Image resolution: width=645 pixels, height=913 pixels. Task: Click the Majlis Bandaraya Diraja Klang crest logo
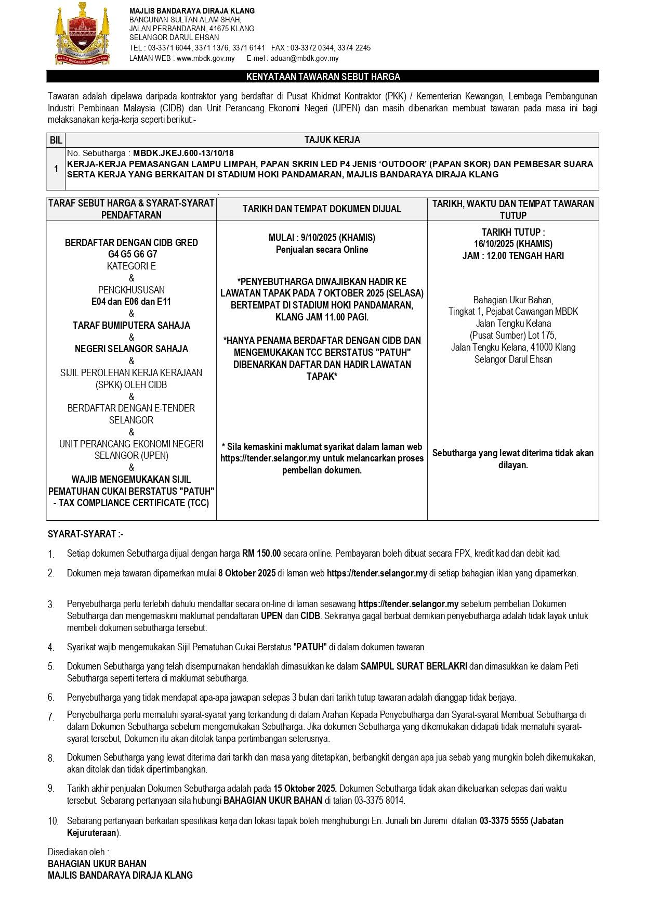pyautogui.click(x=83, y=33)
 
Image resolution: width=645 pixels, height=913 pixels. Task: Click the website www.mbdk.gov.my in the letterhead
pyautogui.click(x=205, y=59)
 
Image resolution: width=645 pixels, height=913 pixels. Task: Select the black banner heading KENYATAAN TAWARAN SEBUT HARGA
pyautogui.click(x=322, y=77)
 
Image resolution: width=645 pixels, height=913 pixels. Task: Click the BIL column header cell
pyautogui.click(x=56, y=140)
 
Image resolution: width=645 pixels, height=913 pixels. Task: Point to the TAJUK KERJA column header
pyautogui.click(x=332, y=140)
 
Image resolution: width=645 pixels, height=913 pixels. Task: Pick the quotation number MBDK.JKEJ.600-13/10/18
pyautogui.click(x=183, y=153)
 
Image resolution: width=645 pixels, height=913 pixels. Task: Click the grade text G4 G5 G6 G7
pyautogui.click(x=132, y=254)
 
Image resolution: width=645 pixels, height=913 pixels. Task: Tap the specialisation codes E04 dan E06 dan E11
pyautogui.click(x=131, y=302)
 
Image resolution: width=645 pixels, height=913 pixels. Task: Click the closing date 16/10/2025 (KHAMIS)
pyautogui.click(x=513, y=243)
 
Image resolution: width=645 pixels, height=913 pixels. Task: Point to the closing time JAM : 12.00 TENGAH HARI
pyautogui.click(x=513, y=255)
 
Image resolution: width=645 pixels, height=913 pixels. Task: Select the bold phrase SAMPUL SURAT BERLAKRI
pyautogui.click(x=414, y=666)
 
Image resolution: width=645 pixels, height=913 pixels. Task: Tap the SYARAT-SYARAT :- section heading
pyautogui.click(x=85, y=534)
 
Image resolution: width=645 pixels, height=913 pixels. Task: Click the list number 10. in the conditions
pyautogui.click(x=53, y=821)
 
